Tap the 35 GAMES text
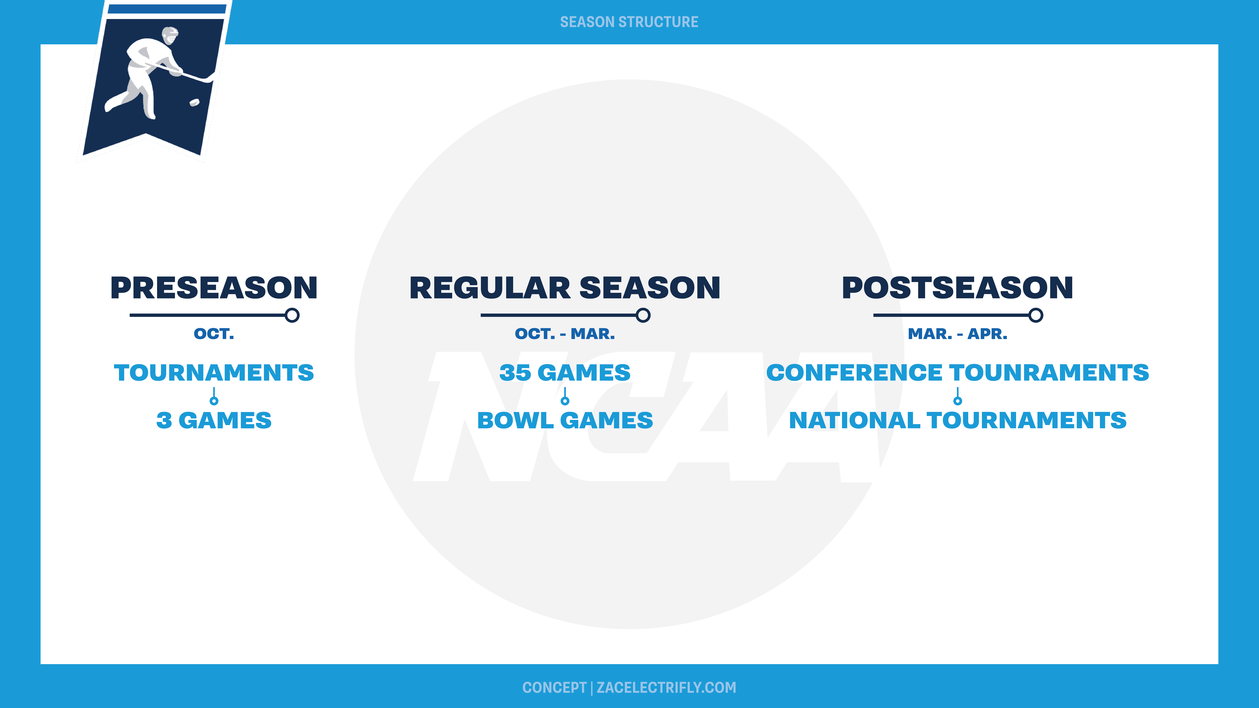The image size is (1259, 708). [565, 373]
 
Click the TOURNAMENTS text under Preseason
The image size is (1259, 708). [214, 373]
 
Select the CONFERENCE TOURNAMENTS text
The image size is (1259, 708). [958, 373]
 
